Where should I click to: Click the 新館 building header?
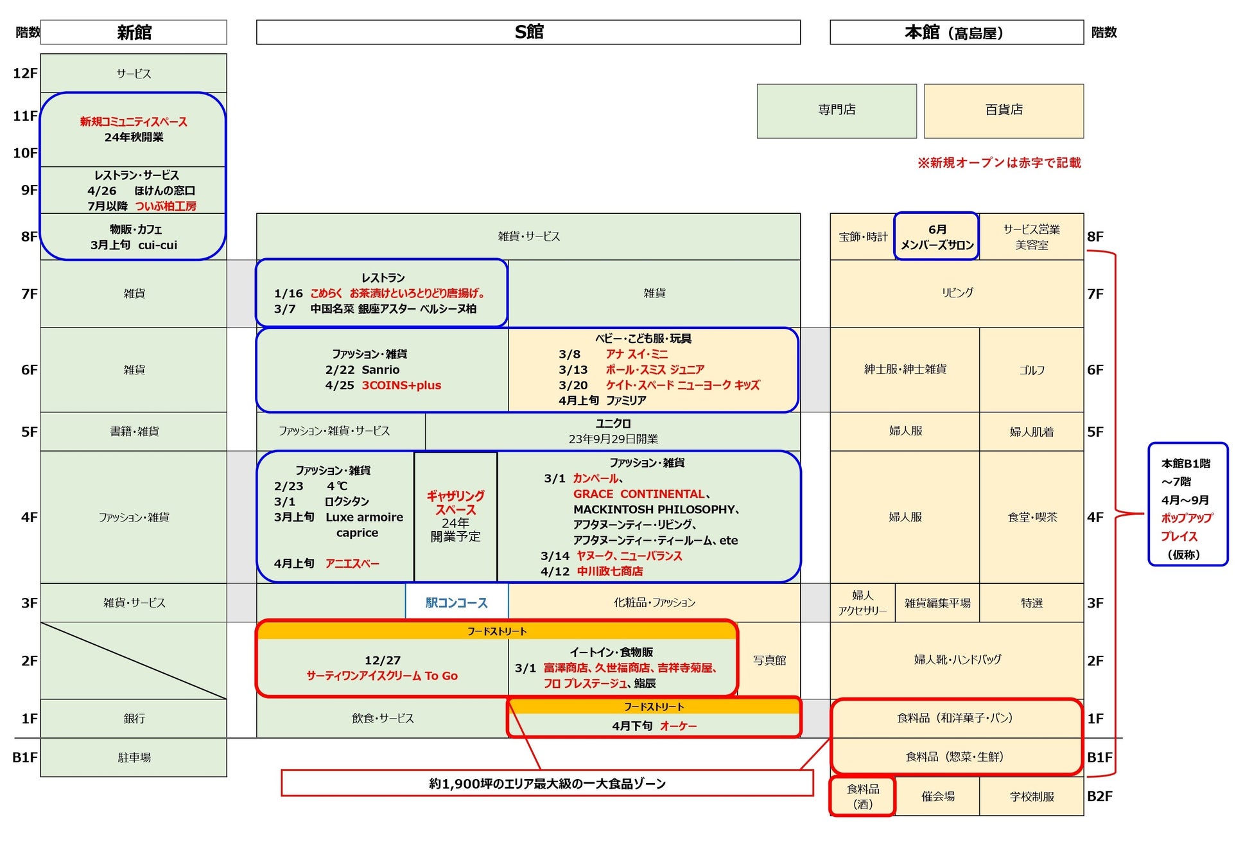(x=134, y=32)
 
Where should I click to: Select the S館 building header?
(x=528, y=32)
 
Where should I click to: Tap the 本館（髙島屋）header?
(x=956, y=32)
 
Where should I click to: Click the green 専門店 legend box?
(x=836, y=110)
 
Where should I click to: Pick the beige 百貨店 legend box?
(x=1004, y=110)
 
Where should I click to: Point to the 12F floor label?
(x=25, y=73)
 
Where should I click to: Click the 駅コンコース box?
(x=456, y=602)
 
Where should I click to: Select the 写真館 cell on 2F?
(x=769, y=660)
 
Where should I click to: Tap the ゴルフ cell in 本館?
(x=1031, y=370)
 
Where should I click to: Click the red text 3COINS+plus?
(x=401, y=385)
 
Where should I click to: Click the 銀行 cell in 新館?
(x=134, y=718)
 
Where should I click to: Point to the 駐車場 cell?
(x=134, y=757)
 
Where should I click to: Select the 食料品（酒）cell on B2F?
(x=862, y=796)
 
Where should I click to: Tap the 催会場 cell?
(x=937, y=796)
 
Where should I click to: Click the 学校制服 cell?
(x=1031, y=796)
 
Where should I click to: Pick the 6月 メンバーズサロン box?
(x=937, y=236)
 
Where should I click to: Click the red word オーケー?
(x=678, y=726)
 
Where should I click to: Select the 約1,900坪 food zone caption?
(x=547, y=784)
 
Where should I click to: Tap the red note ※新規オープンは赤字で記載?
(x=999, y=163)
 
